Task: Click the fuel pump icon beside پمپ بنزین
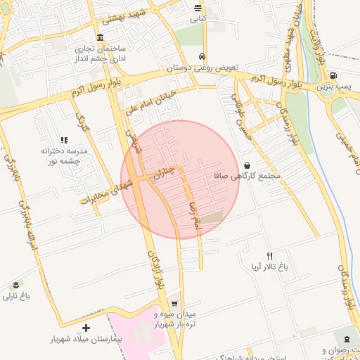click(333, 75)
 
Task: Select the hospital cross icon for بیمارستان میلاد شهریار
click(86, 328)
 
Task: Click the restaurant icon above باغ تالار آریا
click(269, 256)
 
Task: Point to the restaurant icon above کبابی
click(199, 9)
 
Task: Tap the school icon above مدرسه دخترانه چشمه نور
click(64, 141)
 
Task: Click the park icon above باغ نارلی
click(15, 284)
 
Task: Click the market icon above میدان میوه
click(174, 303)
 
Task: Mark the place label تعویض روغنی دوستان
click(202, 68)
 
